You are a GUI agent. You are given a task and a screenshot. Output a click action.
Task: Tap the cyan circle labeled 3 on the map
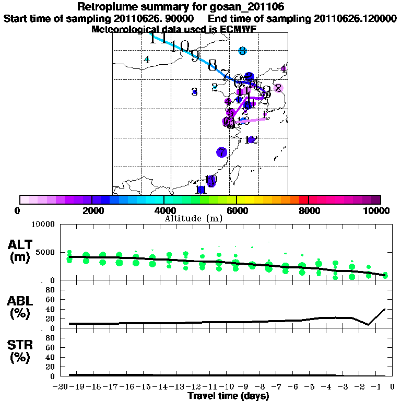click(x=242, y=51)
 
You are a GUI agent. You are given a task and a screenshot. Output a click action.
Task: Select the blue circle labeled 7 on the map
click(x=221, y=152)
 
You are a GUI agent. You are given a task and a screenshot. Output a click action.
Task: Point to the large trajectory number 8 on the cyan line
click(x=212, y=66)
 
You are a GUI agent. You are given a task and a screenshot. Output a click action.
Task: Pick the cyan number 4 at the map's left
click(x=147, y=60)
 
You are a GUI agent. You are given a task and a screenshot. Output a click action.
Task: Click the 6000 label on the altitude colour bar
click(x=237, y=210)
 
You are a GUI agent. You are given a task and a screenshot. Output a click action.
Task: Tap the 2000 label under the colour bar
click(x=92, y=210)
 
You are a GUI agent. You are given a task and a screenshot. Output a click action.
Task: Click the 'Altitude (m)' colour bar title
click(x=194, y=218)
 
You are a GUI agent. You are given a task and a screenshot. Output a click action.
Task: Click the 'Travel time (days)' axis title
click(x=228, y=396)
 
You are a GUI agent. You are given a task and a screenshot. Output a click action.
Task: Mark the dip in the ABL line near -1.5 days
click(x=368, y=324)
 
